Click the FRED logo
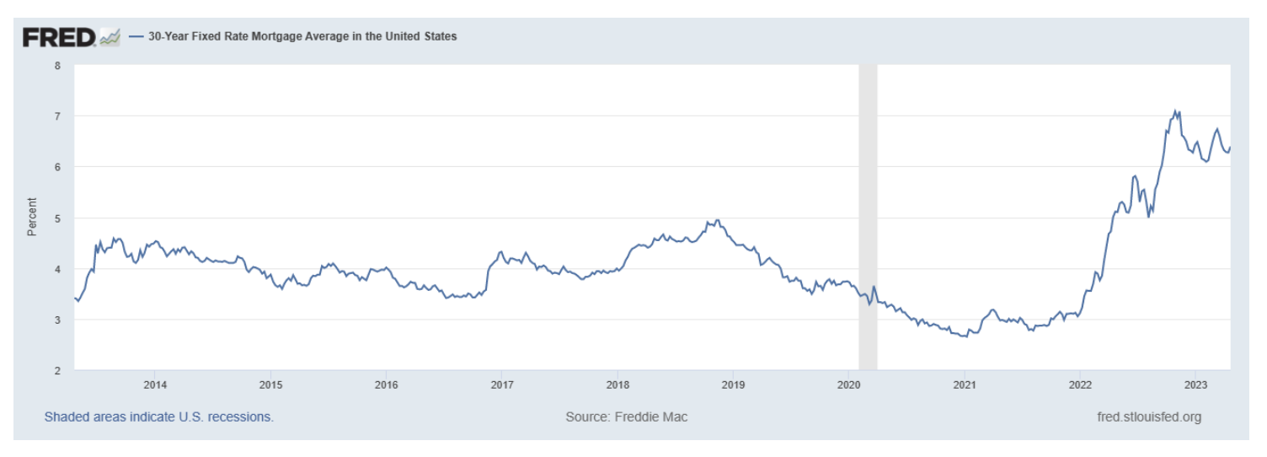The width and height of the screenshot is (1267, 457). pyautogui.click(x=59, y=37)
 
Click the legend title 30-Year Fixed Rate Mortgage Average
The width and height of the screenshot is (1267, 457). pyautogui.click(x=302, y=36)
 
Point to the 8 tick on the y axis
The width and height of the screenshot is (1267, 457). pyautogui.click(x=58, y=65)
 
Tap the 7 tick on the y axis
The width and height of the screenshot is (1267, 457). pyautogui.click(x=58, y=116)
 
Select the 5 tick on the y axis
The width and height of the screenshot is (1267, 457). pyautogui.click(x=58, y=218)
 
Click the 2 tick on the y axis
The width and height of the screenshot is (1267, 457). pyautogui.click(x=58, y=370)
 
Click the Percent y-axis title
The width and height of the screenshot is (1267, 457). pyautogui.click(x=32, y=216)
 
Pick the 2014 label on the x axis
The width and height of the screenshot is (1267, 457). pyautogui.click(x=154, y=384)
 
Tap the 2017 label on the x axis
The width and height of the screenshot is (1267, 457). pyautogui.click(x=501, y=384)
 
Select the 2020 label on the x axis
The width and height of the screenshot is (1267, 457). pyautogui.click(x=848, y=384)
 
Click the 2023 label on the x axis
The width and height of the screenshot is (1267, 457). pyautogui.click(x=1195, y=384)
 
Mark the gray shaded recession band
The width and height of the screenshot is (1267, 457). pyautogui.click(x=867, y=217)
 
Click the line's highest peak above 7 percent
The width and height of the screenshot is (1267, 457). pyautogui.click(x=1175, y=110)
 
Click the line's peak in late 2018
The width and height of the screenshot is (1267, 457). pyautogui.click(x=717, y=220)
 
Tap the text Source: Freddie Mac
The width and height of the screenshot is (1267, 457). pyautogui.click(x=628, y=417)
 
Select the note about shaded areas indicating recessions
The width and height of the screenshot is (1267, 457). pyautogui.click(x=158, y=417)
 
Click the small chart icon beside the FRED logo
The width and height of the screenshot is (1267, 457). pyautogui.click(x=110, y=37)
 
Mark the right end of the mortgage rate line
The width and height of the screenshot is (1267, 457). pyautogui.click(x=1231, y=148)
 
